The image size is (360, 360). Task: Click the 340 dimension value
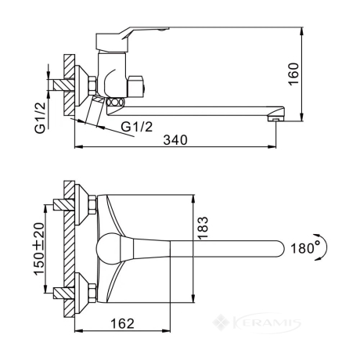(175, 140)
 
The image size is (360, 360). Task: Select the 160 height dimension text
(293, 74)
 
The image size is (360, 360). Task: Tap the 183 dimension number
(203, 228)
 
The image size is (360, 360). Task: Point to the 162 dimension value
(122, 324)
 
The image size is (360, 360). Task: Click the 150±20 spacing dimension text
(39, 249)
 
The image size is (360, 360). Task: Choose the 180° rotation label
(305, 247)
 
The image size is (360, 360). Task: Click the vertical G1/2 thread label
(41, 118)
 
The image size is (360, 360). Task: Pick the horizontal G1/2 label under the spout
(137, 127)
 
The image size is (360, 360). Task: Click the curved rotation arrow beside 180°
(324, 247)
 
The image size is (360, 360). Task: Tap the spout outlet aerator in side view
(275, 119)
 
